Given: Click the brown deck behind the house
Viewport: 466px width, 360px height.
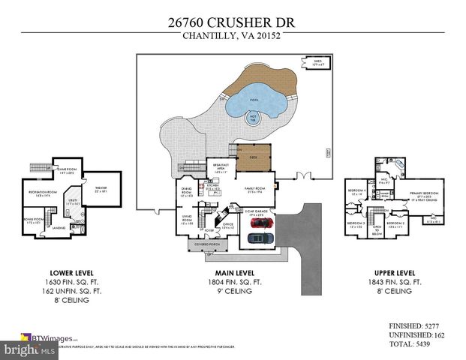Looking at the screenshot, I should click(x=253, y=154).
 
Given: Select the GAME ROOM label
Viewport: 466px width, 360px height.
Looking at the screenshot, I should click(x=68, y=171).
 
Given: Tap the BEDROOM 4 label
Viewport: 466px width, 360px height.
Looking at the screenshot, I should click(x=356, y=192).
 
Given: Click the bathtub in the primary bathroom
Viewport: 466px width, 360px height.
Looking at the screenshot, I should click(x=397, y=164).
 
